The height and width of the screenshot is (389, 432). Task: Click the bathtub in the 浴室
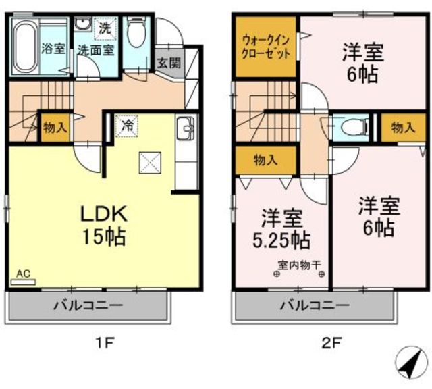point(26,47)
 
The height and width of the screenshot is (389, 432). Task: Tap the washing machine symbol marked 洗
point(105,28)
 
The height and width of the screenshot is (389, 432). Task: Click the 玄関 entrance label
point(169,63)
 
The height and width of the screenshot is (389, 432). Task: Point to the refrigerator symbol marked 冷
point(127,126)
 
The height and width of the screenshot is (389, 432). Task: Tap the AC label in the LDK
point(23,274)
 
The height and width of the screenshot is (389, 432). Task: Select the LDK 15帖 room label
point(104,225)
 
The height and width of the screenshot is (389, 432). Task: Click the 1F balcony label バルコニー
point(88,305)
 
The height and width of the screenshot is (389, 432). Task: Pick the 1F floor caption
point(103,343)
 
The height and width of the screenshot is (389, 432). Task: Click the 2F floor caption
point(332,343)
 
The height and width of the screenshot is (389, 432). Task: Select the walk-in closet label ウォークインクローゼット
point(265,47)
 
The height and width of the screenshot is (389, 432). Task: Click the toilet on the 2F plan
point(354,128)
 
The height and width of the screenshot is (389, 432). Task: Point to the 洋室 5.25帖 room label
point(282,228)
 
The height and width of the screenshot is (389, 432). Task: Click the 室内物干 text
point(299,265)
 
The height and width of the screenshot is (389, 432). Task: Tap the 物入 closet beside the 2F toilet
point(403,128)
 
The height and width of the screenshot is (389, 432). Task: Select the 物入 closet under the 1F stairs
point(55,128)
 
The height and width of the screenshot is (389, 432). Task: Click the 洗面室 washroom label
point(95,50)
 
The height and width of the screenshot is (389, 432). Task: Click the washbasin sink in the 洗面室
point(83,24)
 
